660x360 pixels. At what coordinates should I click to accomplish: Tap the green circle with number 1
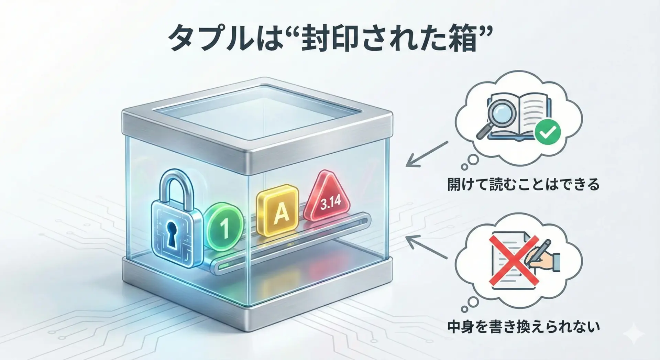[224, 226]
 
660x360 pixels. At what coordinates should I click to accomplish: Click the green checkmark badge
[548, 131]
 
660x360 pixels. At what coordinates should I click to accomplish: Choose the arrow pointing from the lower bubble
[427, 247]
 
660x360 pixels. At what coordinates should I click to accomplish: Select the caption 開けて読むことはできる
[523, 185]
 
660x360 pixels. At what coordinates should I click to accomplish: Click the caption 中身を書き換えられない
[523, 327]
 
